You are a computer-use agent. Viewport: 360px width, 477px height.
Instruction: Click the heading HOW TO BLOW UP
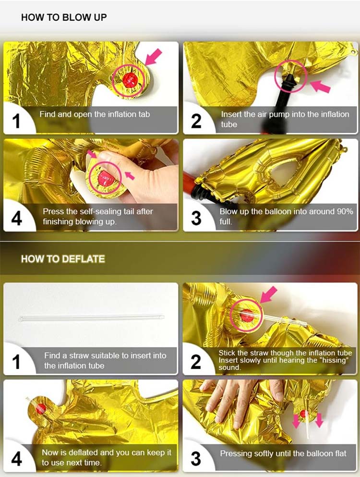[64, 17]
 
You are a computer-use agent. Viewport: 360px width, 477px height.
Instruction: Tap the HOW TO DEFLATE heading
[62, 259]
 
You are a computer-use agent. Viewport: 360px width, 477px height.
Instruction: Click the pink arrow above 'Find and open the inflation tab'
[153, 57]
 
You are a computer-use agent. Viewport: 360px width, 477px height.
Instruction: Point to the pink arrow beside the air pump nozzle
[321, 86]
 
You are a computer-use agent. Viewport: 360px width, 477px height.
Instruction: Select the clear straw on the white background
[91, 318]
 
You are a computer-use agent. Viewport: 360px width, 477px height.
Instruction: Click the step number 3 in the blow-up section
[196, 218]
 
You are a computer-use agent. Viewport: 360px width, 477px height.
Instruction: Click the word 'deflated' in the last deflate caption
[85, 453]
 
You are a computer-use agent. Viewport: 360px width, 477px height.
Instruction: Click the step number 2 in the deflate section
[196, 361]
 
